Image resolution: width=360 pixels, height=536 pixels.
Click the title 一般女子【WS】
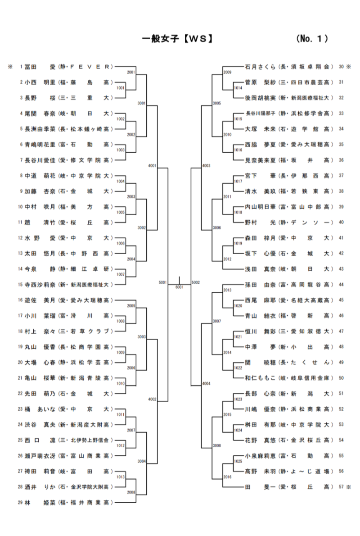(x=177, y=39)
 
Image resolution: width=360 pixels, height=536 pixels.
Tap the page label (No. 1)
(x=312, y=39)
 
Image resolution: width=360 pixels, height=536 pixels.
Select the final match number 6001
(x=179, y=286)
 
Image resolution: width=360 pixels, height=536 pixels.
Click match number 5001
(x=163, y=282)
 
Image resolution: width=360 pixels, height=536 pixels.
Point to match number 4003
(x=207, y=166)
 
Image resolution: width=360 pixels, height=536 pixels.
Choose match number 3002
(x=142, y=228)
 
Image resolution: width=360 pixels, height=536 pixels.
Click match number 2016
(x=227, y=477)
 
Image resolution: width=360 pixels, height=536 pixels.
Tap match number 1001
(x=121, y=88)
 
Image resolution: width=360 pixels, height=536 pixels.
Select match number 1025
(x=238, y=461)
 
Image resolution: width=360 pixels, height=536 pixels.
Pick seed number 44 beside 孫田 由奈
(x=341, y=285)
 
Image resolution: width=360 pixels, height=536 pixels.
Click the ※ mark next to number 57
(x=348, y=487)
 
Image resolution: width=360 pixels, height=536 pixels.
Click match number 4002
(x=152, y=399)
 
